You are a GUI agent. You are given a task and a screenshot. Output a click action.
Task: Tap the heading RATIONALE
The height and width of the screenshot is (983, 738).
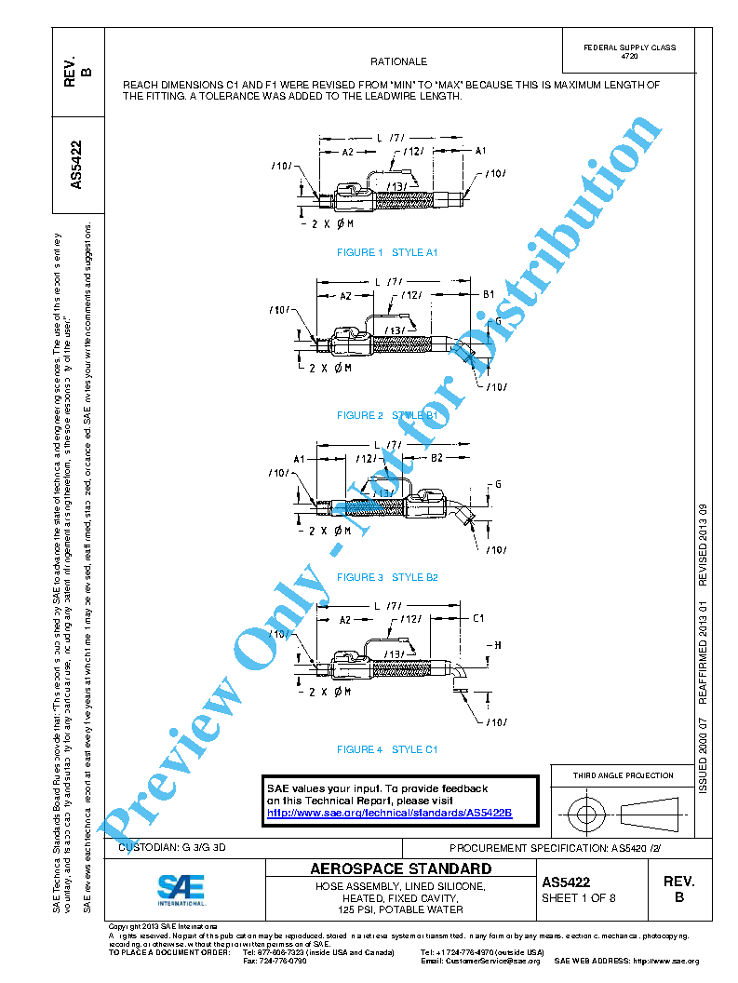point(398,61)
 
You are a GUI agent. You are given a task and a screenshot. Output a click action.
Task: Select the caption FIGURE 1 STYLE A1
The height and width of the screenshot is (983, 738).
point(387,252)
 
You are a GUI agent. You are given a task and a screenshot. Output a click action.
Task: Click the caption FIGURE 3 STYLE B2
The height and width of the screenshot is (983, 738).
point(387,577)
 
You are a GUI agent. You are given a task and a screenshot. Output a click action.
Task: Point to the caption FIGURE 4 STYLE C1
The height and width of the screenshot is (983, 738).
point(387,749)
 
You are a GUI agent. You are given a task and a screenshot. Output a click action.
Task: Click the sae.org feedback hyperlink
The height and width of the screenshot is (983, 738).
point(389,813)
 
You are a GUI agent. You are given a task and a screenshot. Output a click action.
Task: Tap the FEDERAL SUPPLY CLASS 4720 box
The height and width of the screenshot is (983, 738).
point(629,52)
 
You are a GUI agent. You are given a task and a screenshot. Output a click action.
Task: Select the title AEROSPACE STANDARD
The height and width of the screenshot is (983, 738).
point(400,869)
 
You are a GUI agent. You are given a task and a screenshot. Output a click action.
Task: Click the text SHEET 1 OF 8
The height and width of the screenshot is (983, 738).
point(579,898)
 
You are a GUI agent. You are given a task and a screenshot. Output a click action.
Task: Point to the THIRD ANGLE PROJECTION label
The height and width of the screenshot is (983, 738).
point(623,775)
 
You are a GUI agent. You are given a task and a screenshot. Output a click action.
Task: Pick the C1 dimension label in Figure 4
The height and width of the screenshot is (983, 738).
point(478,618)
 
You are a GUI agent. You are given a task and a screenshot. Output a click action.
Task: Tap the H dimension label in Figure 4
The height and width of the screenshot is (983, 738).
point(498,645)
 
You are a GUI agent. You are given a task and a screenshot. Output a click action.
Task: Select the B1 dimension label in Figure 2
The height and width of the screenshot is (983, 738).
point(489,294)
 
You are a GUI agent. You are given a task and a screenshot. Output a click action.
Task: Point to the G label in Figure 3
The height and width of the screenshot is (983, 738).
point(498,485)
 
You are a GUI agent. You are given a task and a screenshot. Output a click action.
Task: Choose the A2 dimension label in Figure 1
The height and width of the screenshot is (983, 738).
point(347,151)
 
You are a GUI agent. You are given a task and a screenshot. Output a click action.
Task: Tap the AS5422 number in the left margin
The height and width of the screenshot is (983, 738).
point(78,164)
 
